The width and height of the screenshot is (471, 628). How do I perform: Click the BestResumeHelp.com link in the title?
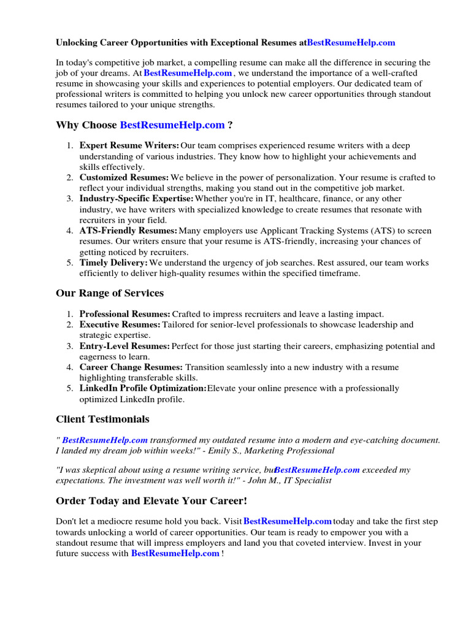pyautogui.click(x=351, y=43)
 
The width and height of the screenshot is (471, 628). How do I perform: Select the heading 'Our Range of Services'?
pyautogui.click(x=110, y=293)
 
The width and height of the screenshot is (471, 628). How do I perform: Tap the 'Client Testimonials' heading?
pyautogui.click(x=102, y=419)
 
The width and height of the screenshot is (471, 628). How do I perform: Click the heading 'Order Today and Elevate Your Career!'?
pyautogui.click(x=151, y=501)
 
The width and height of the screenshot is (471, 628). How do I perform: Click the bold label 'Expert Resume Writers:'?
pyautogui.click(x=129, y=145)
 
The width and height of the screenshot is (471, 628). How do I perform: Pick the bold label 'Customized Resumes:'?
pyautogui.click(x=124, y=177)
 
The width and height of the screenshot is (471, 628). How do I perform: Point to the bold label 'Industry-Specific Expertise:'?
pyautogui.click(x=136, y=199)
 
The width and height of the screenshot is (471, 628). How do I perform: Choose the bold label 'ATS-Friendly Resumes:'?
pyautogui.click(x=128, y=231)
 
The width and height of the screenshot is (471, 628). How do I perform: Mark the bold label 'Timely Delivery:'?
pyautogui.click(x=113, y=262)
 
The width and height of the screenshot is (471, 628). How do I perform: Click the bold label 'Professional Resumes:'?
pyautogui.click(x=125, y=314)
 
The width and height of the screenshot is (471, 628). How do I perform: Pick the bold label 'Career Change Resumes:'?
pyautogui.click(x=131, y=367)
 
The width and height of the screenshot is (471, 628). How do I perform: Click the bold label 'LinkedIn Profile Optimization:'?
pyautogui.click(x=143, y=388)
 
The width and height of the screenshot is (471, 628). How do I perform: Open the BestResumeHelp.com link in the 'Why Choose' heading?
pyautogui.click(x=172, y=125)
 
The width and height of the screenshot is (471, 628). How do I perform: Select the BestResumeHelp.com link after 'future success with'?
pyautogui.click(x=175, y=554)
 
